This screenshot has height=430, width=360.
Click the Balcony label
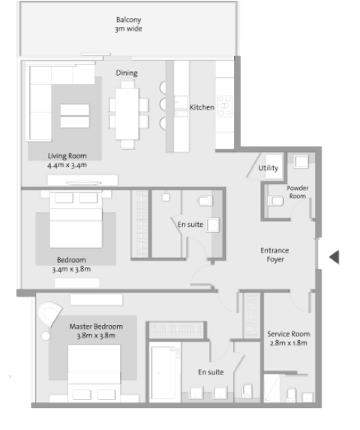click(129, 19)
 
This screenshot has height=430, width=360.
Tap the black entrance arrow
click(334, 257)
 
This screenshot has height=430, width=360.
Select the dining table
click(127, 114)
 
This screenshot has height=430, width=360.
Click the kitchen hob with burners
click(224, 106)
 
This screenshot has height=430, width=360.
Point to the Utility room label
click(268, 168)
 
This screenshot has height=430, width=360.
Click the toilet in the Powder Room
click(275, 201)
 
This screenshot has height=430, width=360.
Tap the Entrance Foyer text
click(274, 255)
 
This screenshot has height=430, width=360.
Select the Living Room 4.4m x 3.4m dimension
click(67, 165)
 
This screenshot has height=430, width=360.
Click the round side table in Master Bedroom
click(46, 336)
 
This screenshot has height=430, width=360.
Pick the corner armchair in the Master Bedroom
click(49, 313)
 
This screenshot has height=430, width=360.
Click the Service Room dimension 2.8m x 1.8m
click(288, 343)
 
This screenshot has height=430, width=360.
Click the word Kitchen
click(202, 107)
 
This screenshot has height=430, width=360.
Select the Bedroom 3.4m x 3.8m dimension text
click(71, 269)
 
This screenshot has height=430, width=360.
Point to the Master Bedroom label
click(96, 327)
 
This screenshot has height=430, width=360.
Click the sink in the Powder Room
click(301, 161)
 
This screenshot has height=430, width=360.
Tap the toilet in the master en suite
click(247, 391)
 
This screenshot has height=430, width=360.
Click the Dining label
click(127, 73)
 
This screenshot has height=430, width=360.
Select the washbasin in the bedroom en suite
click(213, 225)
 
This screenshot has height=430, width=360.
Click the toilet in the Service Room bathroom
click(291, 394)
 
